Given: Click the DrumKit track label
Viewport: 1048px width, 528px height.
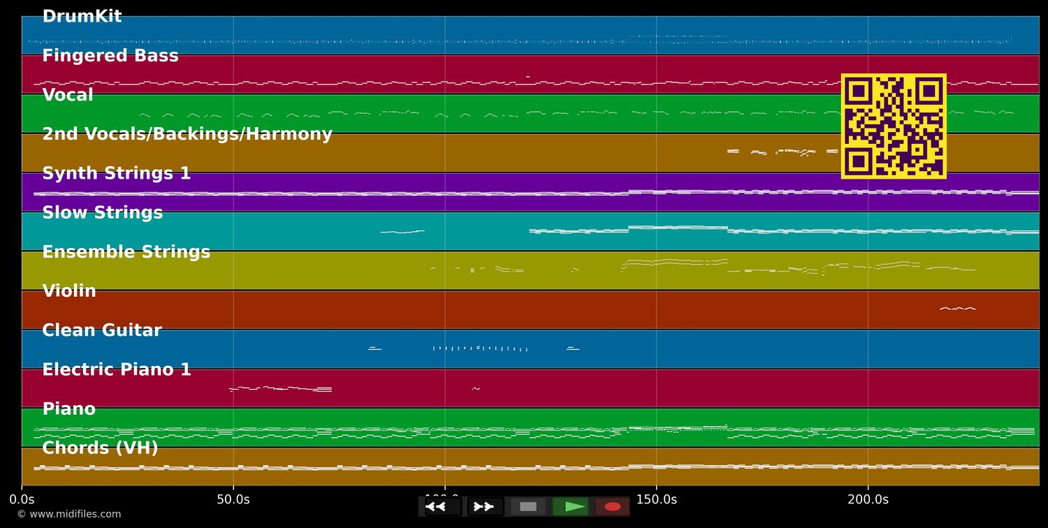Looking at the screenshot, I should click(82, 17).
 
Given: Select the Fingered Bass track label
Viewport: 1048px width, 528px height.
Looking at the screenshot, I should click(110, 56).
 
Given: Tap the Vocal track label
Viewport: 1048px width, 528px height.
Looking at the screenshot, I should click(68, 95).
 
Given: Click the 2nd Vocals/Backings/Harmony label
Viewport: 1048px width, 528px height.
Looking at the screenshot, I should click(187, 134).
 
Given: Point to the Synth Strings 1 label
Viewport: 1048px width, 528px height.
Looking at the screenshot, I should click(117, 174).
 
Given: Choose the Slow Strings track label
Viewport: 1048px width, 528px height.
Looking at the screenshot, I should click(103, 213).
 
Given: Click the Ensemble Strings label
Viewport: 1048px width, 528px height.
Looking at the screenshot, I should click(126, 252).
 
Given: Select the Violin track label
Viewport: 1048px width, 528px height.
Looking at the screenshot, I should click(69, 291).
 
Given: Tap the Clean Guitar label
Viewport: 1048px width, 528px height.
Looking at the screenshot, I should click(102, 330).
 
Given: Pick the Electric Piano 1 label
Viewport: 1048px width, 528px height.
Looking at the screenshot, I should click(117, 370).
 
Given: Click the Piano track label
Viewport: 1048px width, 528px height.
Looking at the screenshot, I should click(69, 409).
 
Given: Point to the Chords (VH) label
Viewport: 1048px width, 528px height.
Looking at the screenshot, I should click(100, 448).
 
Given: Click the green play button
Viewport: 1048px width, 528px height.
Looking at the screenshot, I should click(572, 506).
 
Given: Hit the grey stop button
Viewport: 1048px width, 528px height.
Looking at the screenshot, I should click(528, 506).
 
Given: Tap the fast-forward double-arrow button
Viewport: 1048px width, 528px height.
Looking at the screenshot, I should click(484, 506).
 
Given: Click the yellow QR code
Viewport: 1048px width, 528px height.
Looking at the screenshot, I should click(894, 126).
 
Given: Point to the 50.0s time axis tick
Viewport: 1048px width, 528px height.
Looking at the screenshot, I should click(233, 499).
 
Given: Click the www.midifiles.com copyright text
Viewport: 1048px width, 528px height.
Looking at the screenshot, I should click(69, 515).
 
